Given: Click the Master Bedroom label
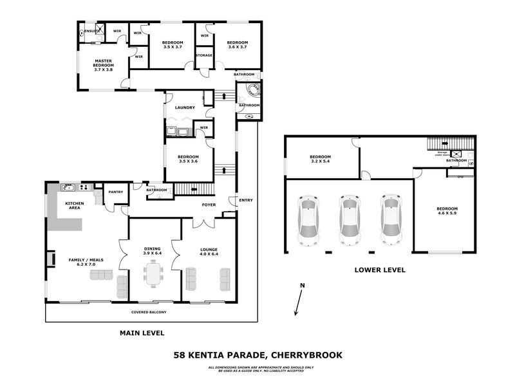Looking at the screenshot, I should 103,65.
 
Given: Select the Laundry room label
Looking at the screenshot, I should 184,107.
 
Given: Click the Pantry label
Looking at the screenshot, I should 116,192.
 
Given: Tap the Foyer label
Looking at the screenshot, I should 209,205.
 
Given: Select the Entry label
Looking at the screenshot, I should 246,200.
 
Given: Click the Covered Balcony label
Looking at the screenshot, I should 149,312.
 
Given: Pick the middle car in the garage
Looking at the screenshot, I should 348,220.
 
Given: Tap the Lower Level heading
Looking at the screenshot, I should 380,270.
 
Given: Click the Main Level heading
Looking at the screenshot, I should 142,333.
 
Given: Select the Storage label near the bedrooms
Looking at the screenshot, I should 204,56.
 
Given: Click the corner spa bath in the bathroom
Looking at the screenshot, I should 248,90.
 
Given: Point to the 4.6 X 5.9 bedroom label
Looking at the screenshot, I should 447,212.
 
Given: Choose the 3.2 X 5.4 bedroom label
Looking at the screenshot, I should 320,160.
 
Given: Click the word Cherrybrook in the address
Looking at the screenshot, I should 306,354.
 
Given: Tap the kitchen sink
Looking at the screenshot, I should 68,188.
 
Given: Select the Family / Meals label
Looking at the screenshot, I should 82,262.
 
